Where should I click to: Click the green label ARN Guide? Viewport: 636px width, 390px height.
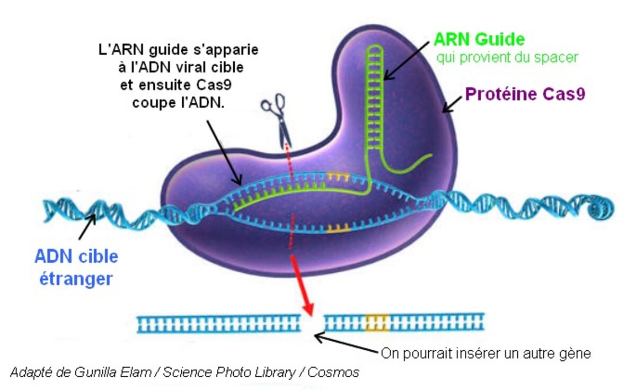479,40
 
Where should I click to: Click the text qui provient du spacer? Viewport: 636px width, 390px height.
506,57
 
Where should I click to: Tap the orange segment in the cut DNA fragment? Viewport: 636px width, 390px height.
377,322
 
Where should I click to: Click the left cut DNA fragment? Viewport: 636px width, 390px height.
217,323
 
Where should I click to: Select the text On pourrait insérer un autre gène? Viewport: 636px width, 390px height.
485,353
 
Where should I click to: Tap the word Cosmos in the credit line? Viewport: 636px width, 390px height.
333,373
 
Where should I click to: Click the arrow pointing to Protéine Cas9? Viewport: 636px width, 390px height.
452,105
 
